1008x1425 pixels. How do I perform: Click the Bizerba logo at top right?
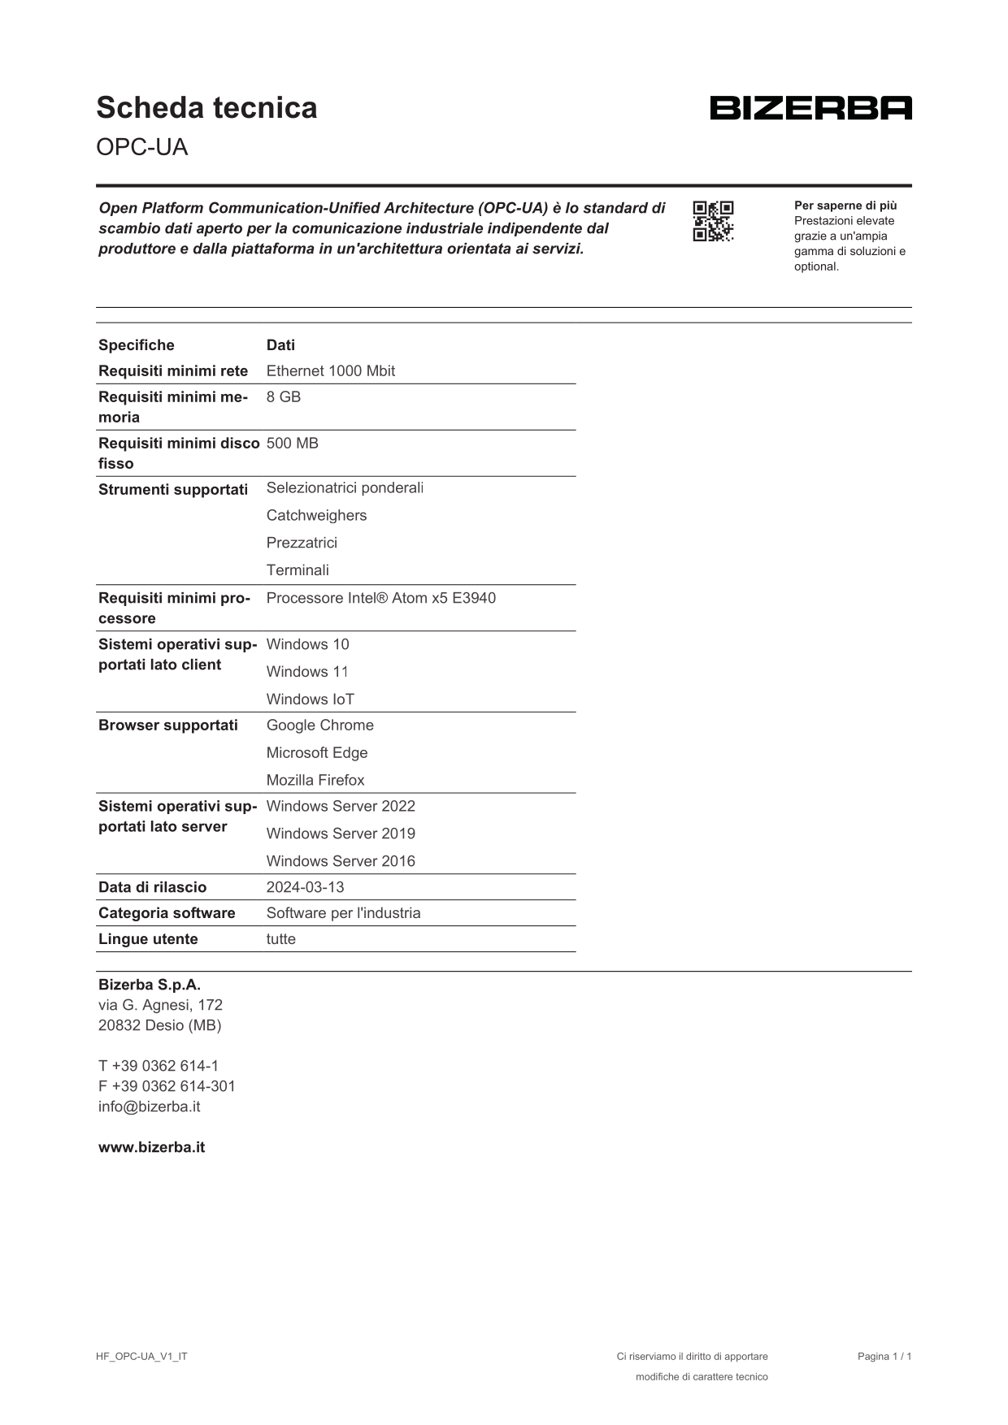810,108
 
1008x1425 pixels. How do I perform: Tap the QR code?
713,221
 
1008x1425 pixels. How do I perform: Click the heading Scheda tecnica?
206,108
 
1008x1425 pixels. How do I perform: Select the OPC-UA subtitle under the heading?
141,147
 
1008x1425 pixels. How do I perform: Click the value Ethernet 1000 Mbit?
330,371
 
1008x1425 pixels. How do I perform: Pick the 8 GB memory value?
283,397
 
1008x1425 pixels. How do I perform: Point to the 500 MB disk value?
292,444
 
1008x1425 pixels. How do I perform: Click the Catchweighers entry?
316,516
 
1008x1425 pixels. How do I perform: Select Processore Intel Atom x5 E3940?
380,599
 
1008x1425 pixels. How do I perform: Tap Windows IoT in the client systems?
310,700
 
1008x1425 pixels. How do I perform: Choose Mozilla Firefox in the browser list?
315,781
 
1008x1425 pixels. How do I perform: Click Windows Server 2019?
341,834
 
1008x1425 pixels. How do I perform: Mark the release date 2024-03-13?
305,888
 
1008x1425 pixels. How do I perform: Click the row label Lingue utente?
148,940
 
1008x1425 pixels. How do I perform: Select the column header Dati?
280,345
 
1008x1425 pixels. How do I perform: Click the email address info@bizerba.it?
149,1107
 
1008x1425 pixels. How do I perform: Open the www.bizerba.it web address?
151,1148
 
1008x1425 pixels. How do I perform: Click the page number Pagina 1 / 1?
884,1357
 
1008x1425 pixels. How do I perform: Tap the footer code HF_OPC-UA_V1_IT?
141,1357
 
